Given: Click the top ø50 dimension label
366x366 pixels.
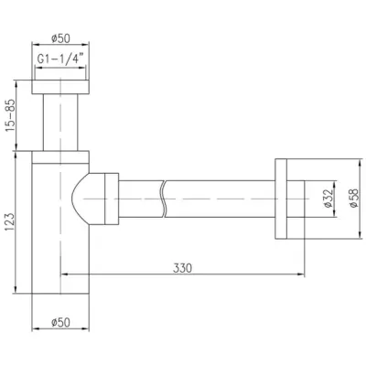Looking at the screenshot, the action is [60, 38].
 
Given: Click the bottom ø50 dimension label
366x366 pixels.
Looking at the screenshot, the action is [60, 322].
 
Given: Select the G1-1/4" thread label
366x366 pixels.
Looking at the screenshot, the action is [60, 59].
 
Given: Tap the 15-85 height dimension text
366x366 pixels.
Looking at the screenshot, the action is [10, 115].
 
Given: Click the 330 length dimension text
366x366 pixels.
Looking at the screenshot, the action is [182, 268].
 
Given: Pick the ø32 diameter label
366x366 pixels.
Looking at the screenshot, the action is [328, 199].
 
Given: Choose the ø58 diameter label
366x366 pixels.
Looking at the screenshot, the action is [354, 199].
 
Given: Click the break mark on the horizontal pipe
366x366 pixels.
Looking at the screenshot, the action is [164, 199].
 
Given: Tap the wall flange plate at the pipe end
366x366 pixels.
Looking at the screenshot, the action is [281, 199].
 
